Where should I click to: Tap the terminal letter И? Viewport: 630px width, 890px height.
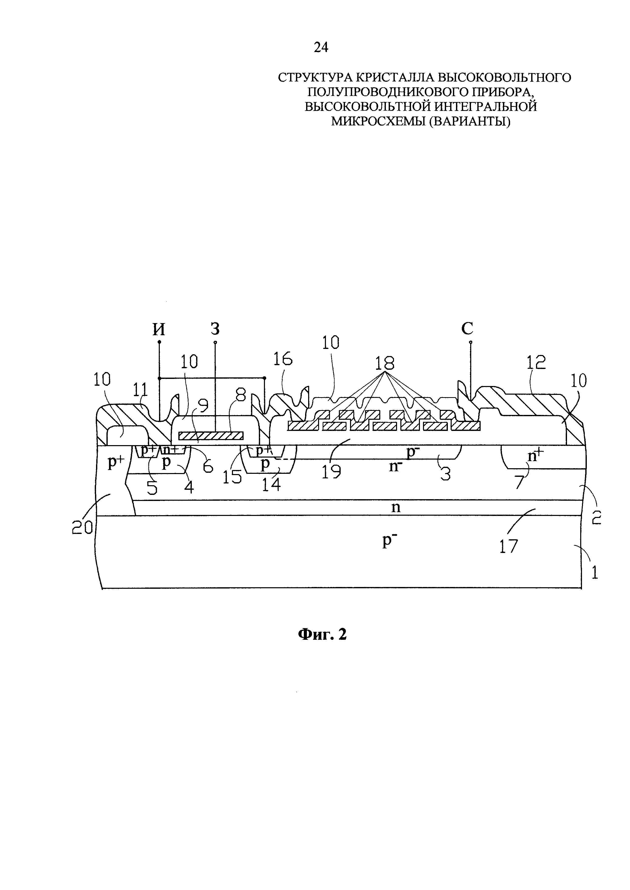point(159,329)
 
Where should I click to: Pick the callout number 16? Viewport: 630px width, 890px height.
point(283,359)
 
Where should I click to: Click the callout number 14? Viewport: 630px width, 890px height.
point(271,484)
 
